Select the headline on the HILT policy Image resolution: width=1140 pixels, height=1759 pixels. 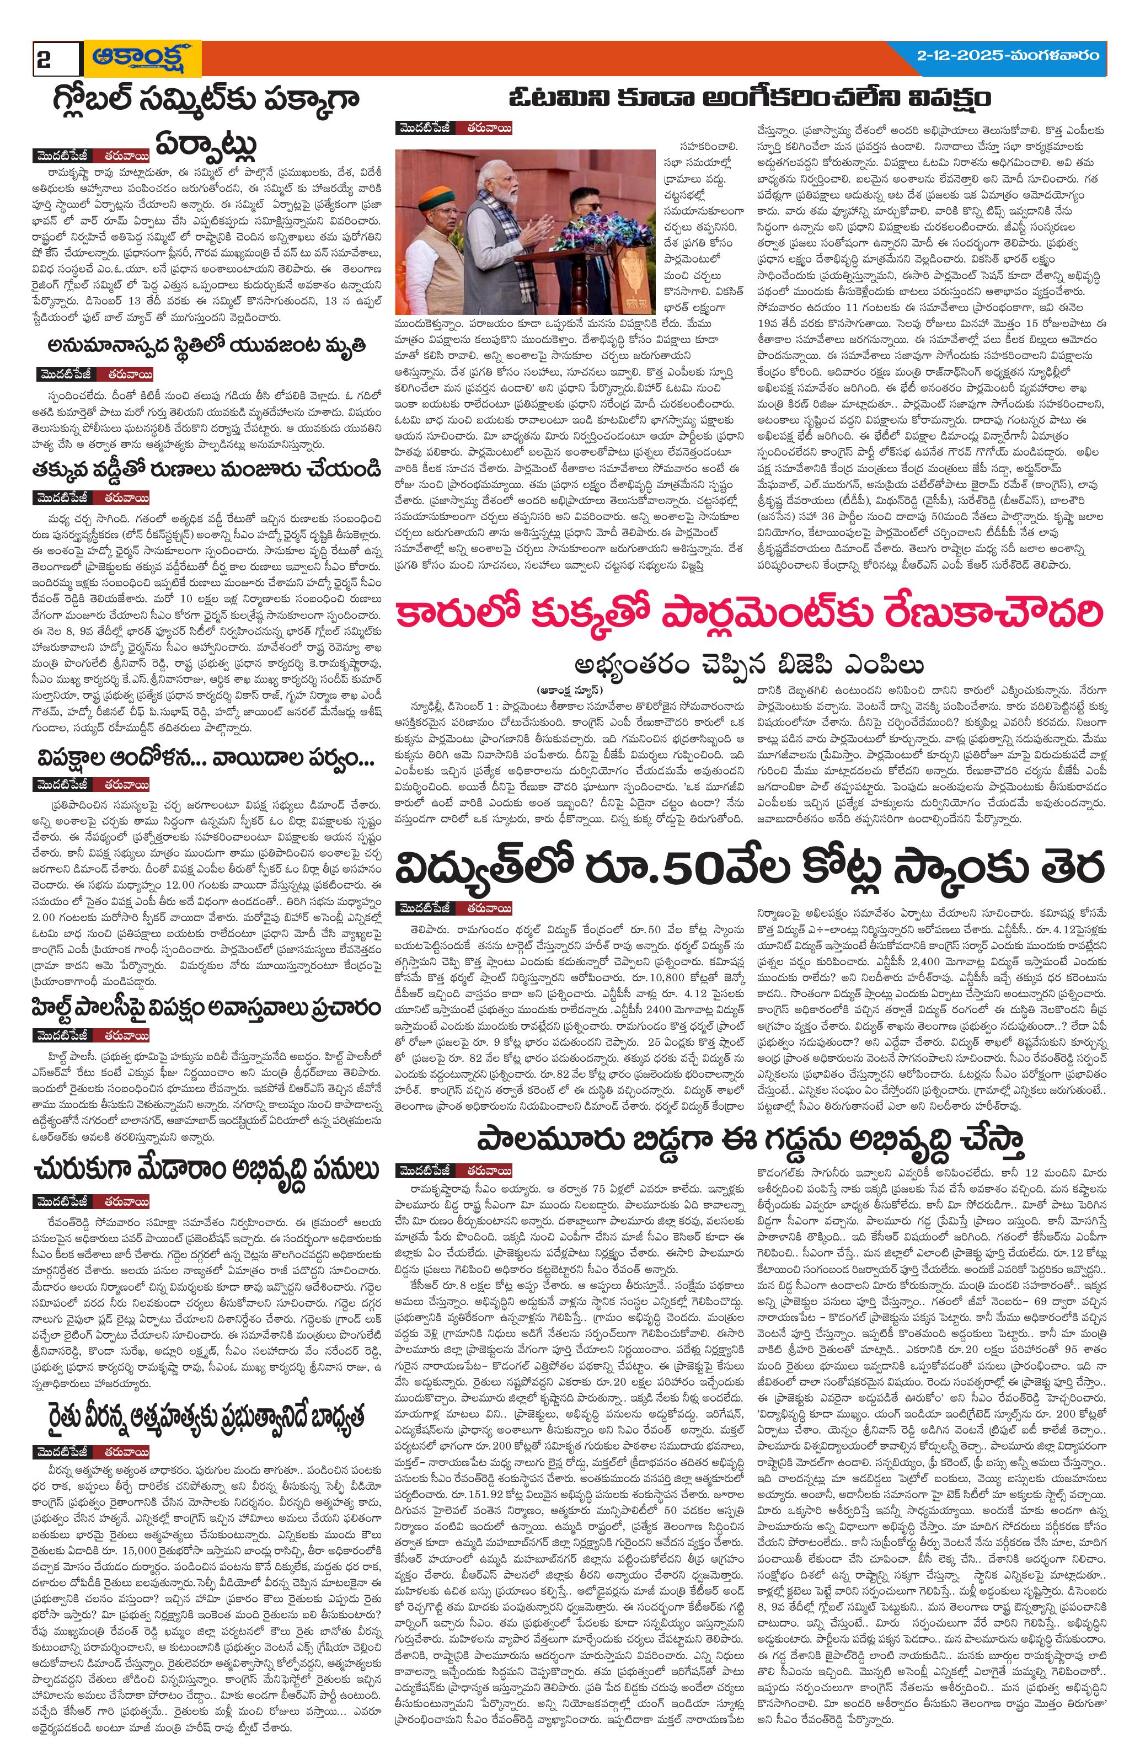tap(202, 1009)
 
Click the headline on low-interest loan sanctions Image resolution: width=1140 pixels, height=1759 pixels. tap(202, 469)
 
